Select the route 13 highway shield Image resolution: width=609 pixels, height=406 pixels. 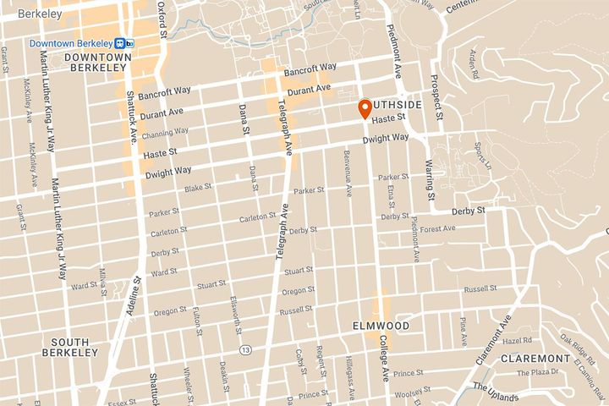[245, 349]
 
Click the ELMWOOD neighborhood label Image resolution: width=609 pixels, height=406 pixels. [381, 326]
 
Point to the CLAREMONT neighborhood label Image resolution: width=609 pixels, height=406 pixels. [535, 358]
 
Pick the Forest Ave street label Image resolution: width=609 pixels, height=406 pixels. [437, 229]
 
